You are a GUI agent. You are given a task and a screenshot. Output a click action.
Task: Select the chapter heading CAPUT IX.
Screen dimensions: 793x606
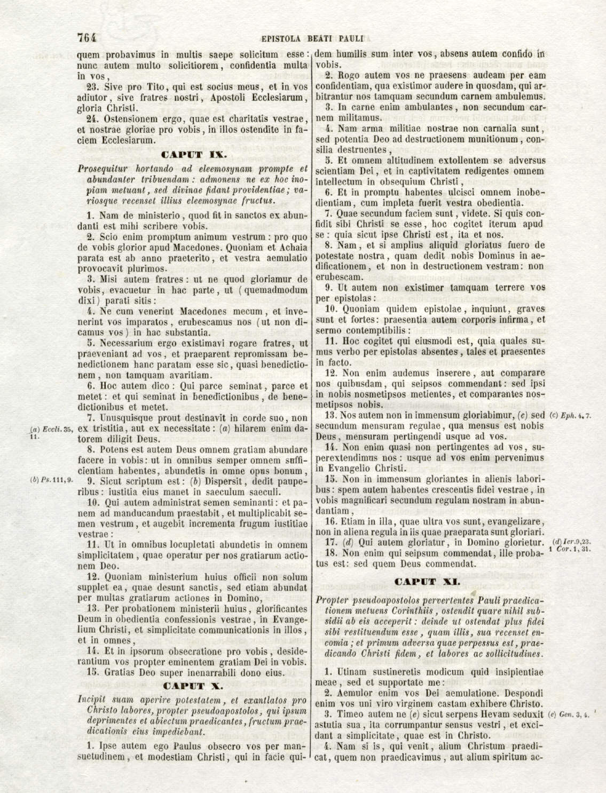(193, 155)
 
